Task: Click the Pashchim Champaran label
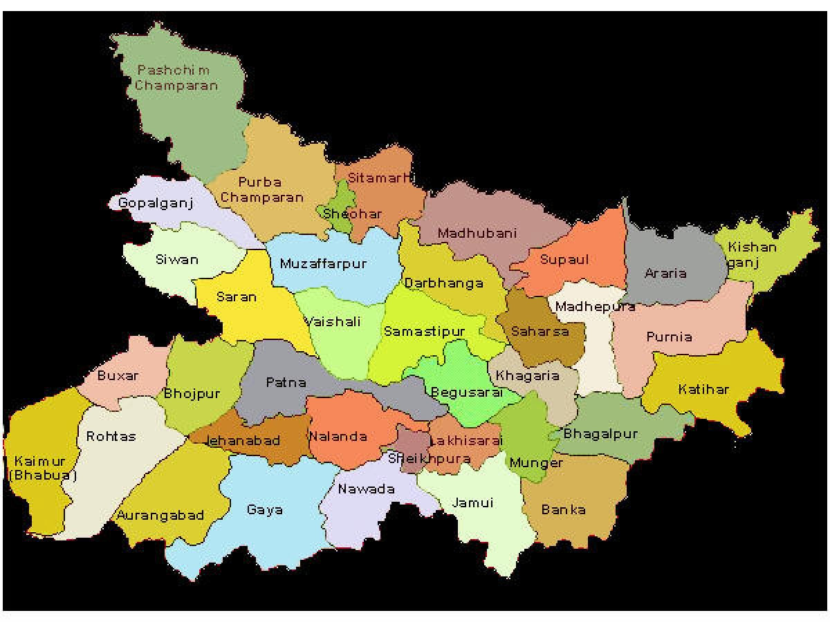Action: tap(176, 77)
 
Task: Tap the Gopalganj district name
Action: tap(155, 203)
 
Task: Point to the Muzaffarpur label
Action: tap(323, 264)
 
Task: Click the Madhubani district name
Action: tap(477, 233)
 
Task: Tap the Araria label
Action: tap(665, 273)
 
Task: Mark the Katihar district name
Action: tap(703, 389)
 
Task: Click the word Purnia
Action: tap(669, 337)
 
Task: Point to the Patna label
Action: tap(286, 381)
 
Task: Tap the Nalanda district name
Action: tap(338, 437)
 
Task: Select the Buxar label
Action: tap(118, 376)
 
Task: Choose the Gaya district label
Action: tap(264, 510)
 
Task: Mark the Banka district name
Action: tap(563, 510)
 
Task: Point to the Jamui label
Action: tap(472, 502)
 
